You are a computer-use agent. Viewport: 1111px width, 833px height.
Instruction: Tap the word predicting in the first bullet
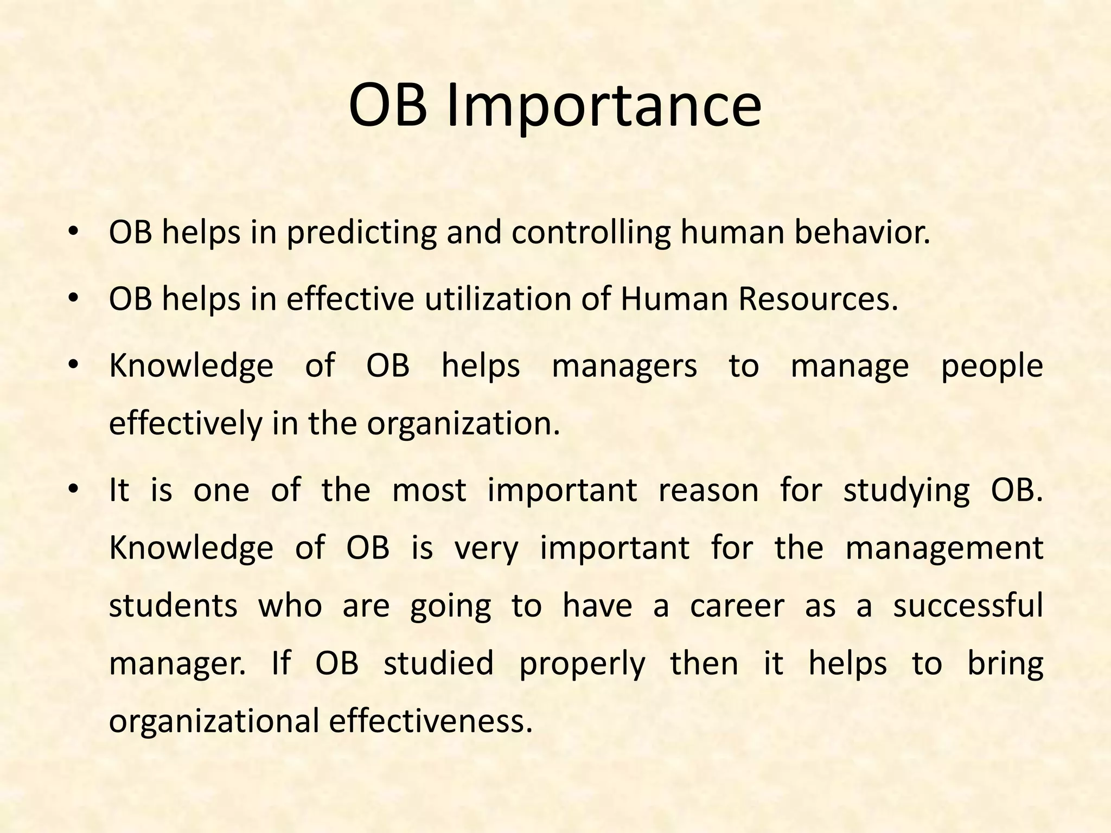pos(361,233)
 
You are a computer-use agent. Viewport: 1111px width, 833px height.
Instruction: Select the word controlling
pos(591,233)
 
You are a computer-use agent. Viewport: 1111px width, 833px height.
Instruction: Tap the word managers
pos(624,366)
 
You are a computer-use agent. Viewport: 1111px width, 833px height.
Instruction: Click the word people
pos(992,367)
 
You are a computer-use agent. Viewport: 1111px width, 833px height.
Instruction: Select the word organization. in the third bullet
pos(463,424)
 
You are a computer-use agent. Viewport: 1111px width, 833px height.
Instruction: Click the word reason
pos(708,490)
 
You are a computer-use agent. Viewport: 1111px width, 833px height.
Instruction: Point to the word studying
pos(906,491)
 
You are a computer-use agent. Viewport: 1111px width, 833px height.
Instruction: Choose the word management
pos(944,548)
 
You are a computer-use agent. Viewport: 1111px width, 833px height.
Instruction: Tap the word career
pos(737,606)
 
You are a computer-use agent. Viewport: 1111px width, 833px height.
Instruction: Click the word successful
pos(968,606)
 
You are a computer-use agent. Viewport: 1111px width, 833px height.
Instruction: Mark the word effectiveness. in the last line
pos(431,722)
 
